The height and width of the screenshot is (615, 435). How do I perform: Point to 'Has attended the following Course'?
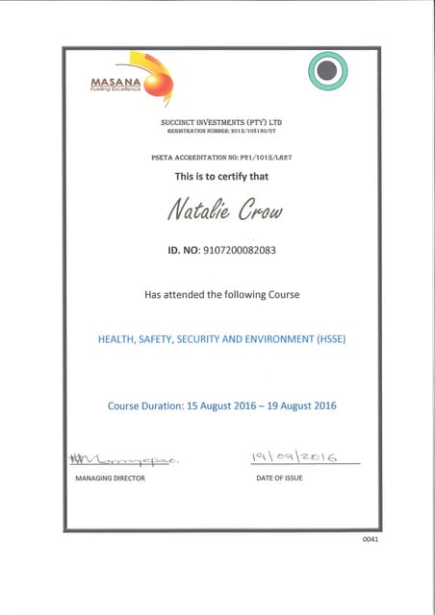(221, 295)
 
